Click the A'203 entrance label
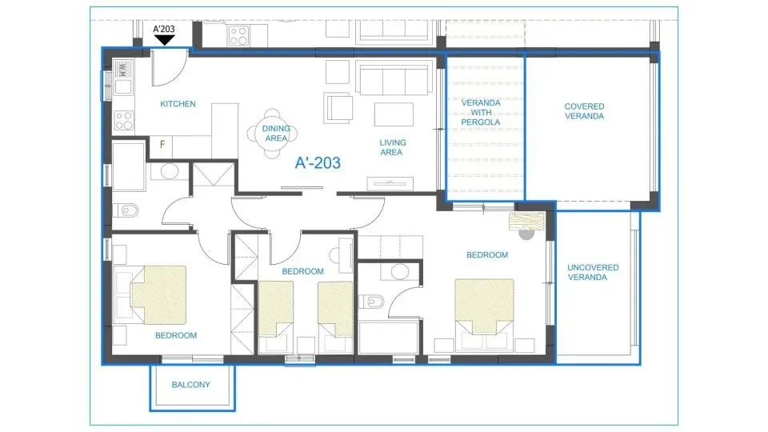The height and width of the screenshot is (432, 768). [164, 30]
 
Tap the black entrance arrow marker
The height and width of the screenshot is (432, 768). [164, 41]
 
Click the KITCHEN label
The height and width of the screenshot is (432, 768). [178, 104]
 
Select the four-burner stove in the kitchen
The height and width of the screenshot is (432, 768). [124, 121]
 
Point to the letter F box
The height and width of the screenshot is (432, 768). [162, 146]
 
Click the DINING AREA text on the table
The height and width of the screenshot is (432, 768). [276, 133]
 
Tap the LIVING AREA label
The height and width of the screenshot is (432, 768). [391, 147]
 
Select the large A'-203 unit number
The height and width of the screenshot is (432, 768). [318, 163]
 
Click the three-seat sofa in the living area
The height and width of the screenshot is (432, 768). [392, 80]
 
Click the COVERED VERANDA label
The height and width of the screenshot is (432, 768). [584, 111]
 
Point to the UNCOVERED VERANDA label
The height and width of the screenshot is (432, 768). [593, 272]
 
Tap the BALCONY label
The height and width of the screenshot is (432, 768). [191, 385]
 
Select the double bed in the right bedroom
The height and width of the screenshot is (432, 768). [483, 306]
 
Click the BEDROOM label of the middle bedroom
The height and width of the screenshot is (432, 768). [302, 271]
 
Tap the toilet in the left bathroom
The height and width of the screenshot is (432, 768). [128, 211]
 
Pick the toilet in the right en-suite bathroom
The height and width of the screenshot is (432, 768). [372, 303]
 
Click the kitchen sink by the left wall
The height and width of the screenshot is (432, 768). [124, 84]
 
